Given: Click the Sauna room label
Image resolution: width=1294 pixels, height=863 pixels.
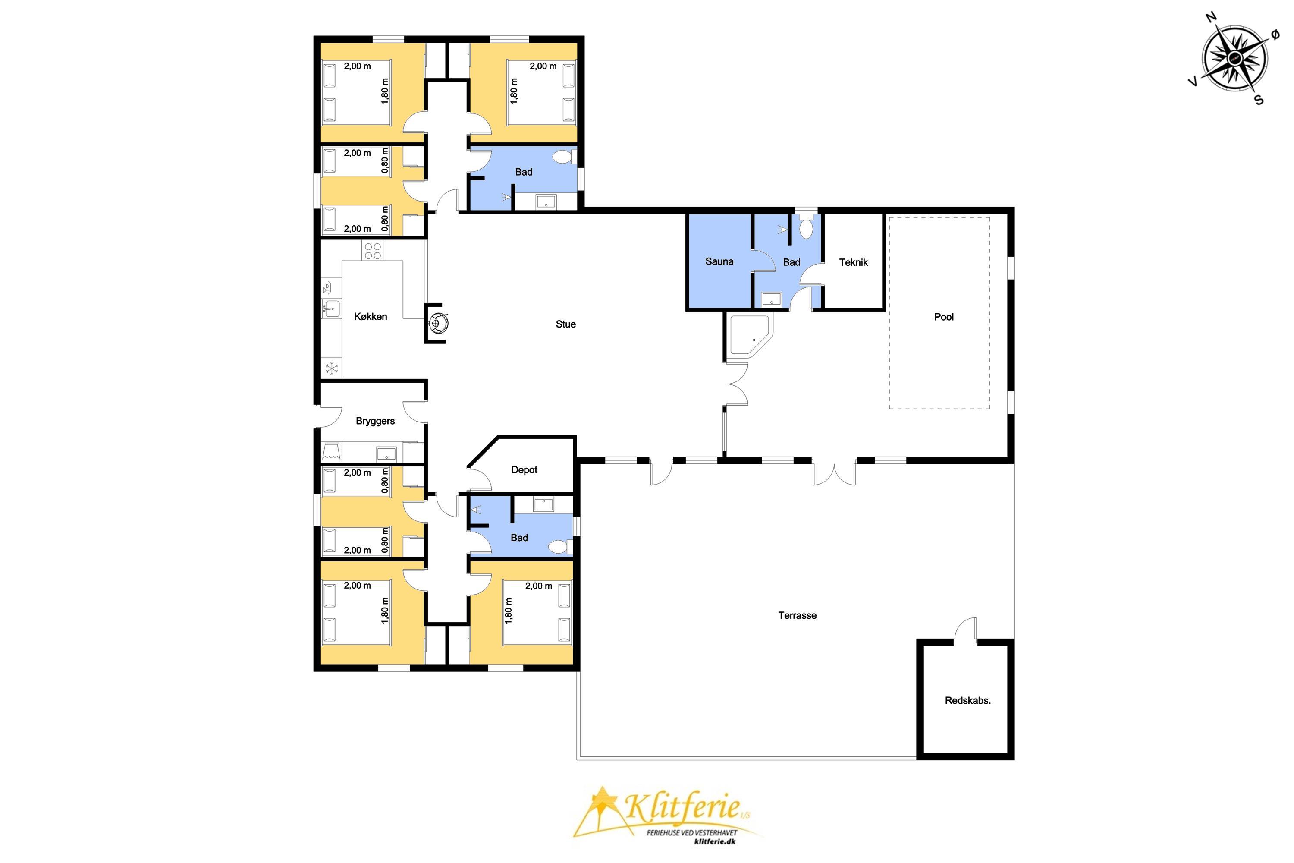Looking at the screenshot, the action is pyautogui.click(x=719, y=261).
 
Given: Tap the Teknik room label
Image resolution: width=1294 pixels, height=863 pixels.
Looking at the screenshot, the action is pyautogui.click(x=853, y=262).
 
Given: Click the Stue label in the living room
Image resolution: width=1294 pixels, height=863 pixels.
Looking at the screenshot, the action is pyautogui.click(x=565, y=324).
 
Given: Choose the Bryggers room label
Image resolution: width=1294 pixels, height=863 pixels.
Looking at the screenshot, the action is pyautogui.click(x=375, y=421).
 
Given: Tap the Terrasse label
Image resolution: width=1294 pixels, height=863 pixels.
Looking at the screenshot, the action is pyautogui.click(x=797, y=615).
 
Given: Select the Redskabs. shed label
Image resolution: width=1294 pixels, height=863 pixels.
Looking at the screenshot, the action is pyautogui.click(x=968, y=701).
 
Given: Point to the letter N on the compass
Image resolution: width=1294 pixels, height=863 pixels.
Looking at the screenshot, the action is pyautogui.click(x=1211, y=17).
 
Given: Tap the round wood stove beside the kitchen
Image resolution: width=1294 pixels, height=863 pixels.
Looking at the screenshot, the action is pyautogui.click(x=439, y=323).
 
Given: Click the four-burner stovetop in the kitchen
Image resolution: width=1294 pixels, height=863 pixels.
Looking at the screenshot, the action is pyautogui.click(x=373, y=251).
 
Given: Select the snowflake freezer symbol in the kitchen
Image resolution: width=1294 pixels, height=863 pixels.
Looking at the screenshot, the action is pyautogui.click(x=332, y=368).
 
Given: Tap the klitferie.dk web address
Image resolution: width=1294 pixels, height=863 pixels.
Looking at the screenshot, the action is pyautogui.click(x=715, y=841).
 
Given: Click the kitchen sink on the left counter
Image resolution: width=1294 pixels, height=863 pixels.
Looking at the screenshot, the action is pyautogui.click(x=331, y=309).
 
